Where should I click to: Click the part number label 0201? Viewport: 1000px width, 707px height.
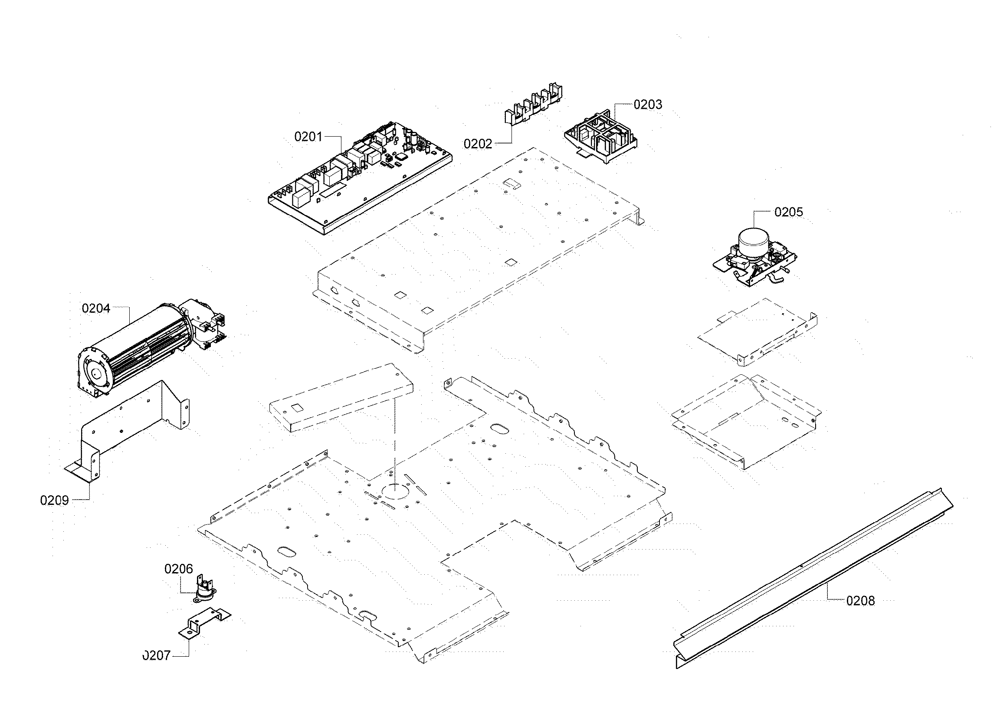(308, 137)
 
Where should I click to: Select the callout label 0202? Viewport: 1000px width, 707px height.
(478, 144)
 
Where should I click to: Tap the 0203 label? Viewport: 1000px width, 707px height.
(648, 105)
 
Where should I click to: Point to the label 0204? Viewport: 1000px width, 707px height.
(96, 309)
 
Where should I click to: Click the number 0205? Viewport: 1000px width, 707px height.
(789, 212)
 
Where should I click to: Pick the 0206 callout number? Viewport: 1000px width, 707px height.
(179, 569)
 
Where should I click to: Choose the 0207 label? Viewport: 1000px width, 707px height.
(157, 656)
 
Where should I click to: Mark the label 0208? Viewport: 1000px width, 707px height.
(860, 601)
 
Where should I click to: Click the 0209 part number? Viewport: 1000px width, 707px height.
(54, 501)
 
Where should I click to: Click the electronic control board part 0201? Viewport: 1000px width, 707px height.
(357, 179)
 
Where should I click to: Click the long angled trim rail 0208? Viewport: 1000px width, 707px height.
(810, 579)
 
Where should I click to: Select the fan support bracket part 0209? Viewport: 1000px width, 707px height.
(131, 427)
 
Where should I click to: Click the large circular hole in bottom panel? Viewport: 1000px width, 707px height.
(394, 490)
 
